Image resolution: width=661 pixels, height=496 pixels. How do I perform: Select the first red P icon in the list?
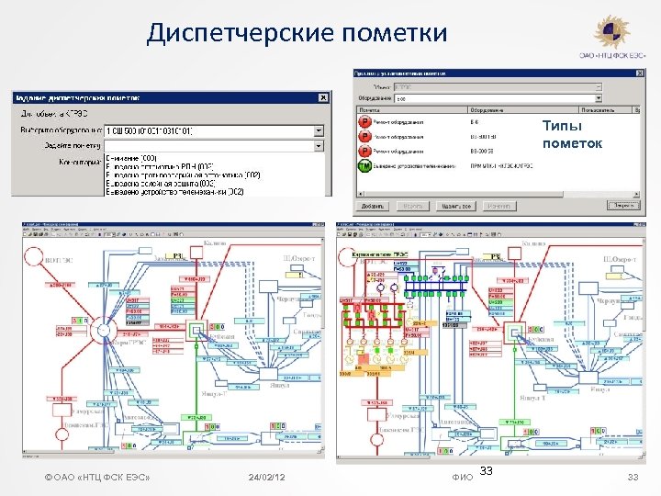click(364, 121)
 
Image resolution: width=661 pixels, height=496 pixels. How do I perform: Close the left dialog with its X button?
click(322, 96)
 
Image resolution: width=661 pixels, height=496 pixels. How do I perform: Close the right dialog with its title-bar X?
click(640, 73)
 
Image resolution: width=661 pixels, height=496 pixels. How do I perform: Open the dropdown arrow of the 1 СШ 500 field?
click(319, 130)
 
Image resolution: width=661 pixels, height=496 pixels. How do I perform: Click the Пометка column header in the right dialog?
click(371, 108)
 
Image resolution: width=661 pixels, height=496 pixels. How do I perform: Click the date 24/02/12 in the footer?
click(266, 478)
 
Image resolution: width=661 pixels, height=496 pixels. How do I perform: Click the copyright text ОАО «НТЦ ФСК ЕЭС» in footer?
click(97, 478)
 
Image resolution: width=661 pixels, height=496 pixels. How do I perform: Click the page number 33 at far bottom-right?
click(632, 478)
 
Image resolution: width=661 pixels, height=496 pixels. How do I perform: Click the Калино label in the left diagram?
click(214, 242)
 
